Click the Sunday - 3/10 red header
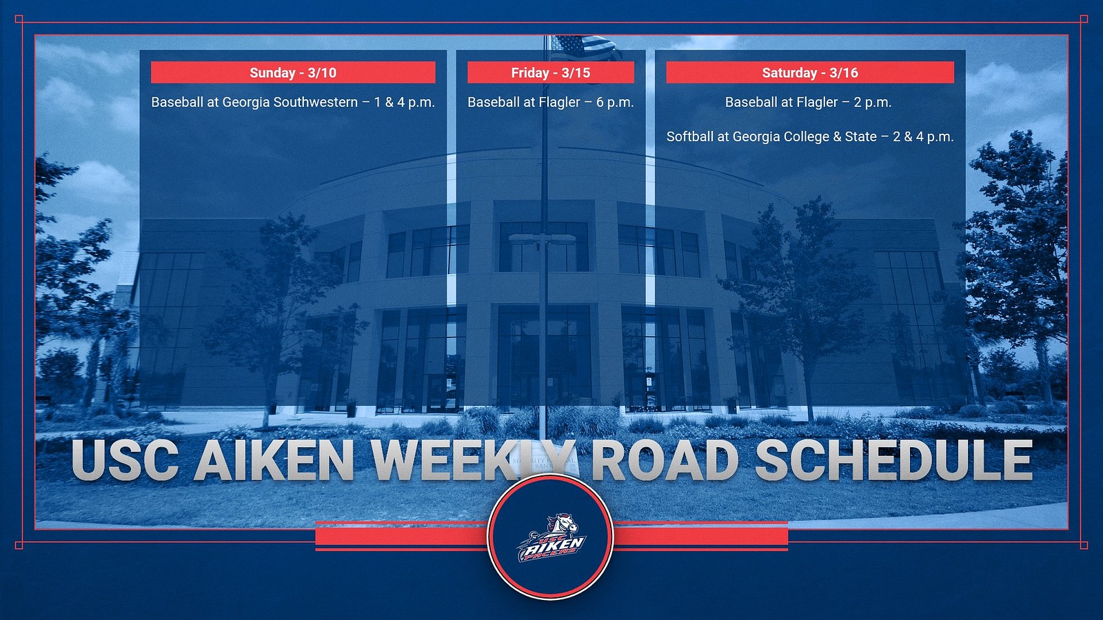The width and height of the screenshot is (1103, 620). (x=293, y=72)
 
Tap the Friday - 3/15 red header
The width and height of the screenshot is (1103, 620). (x=550, y=72)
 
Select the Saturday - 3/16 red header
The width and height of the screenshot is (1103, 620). (x=809, y=72)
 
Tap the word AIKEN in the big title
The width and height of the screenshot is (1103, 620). (x=274, y=460)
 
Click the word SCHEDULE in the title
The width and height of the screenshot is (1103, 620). (x=894, y=460)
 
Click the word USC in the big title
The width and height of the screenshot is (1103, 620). (x=125, y=460)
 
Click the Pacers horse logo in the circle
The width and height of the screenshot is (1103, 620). (x=551, y=537)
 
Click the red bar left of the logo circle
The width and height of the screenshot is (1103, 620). (x=400, y=535)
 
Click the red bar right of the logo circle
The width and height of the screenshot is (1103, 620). (x=701, y=535)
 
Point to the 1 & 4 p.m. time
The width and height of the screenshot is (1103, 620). (x=404, y=102)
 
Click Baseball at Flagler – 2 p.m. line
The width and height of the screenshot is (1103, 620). (x=808, y=102)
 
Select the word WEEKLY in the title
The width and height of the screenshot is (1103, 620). (x=472, y=460)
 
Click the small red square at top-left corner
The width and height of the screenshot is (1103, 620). (x=19, y=19)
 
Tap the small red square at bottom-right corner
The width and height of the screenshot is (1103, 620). (x=1084, y=545)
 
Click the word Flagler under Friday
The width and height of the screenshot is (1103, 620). (x=559, y=102)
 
